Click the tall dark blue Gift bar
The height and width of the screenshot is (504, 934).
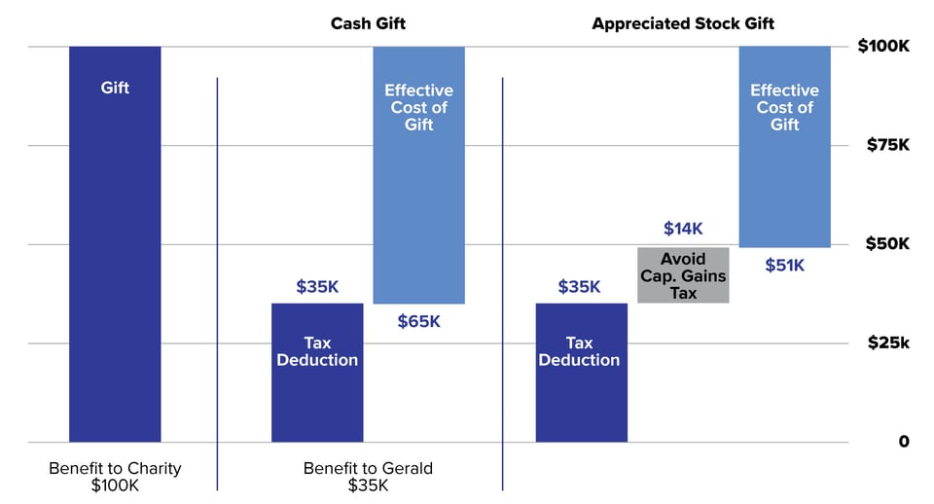click(115, 243)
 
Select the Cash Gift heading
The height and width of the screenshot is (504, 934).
click(368, 23)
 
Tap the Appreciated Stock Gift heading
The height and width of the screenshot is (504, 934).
click(683, 23)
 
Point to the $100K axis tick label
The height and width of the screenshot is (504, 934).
click(882, 47)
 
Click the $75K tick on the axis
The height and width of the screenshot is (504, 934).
click(887, 145)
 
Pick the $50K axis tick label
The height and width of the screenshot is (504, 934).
click(887, 244)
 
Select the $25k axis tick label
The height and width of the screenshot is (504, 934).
click(887, 343)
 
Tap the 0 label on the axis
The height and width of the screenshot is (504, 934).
click(903, 442)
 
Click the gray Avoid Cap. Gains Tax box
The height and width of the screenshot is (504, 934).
click(683, 275)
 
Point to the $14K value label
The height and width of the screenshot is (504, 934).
click(683, 229)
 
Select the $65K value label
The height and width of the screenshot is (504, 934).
click(418, 321)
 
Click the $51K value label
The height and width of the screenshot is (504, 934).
click(784, 265)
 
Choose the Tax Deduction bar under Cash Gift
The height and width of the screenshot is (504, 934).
click(317, 373)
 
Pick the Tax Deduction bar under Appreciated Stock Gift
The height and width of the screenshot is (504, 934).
click(581, 373)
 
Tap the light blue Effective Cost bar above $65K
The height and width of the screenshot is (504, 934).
click(418, 175)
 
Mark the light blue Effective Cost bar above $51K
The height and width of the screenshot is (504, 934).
click(784, 146)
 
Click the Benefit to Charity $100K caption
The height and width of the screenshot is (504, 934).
click(115, 477)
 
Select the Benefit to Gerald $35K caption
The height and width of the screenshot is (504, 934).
click(368, 477)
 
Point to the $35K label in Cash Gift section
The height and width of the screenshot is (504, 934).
click(317, 287)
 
